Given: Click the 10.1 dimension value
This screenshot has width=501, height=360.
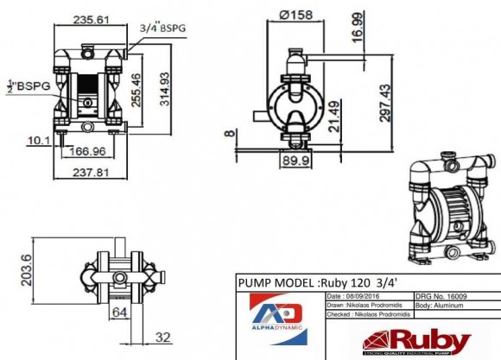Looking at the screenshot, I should pyautogui.click(x=37, y=139).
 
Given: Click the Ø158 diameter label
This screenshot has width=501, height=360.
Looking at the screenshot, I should pyautogui.click(x=296, y=16).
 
